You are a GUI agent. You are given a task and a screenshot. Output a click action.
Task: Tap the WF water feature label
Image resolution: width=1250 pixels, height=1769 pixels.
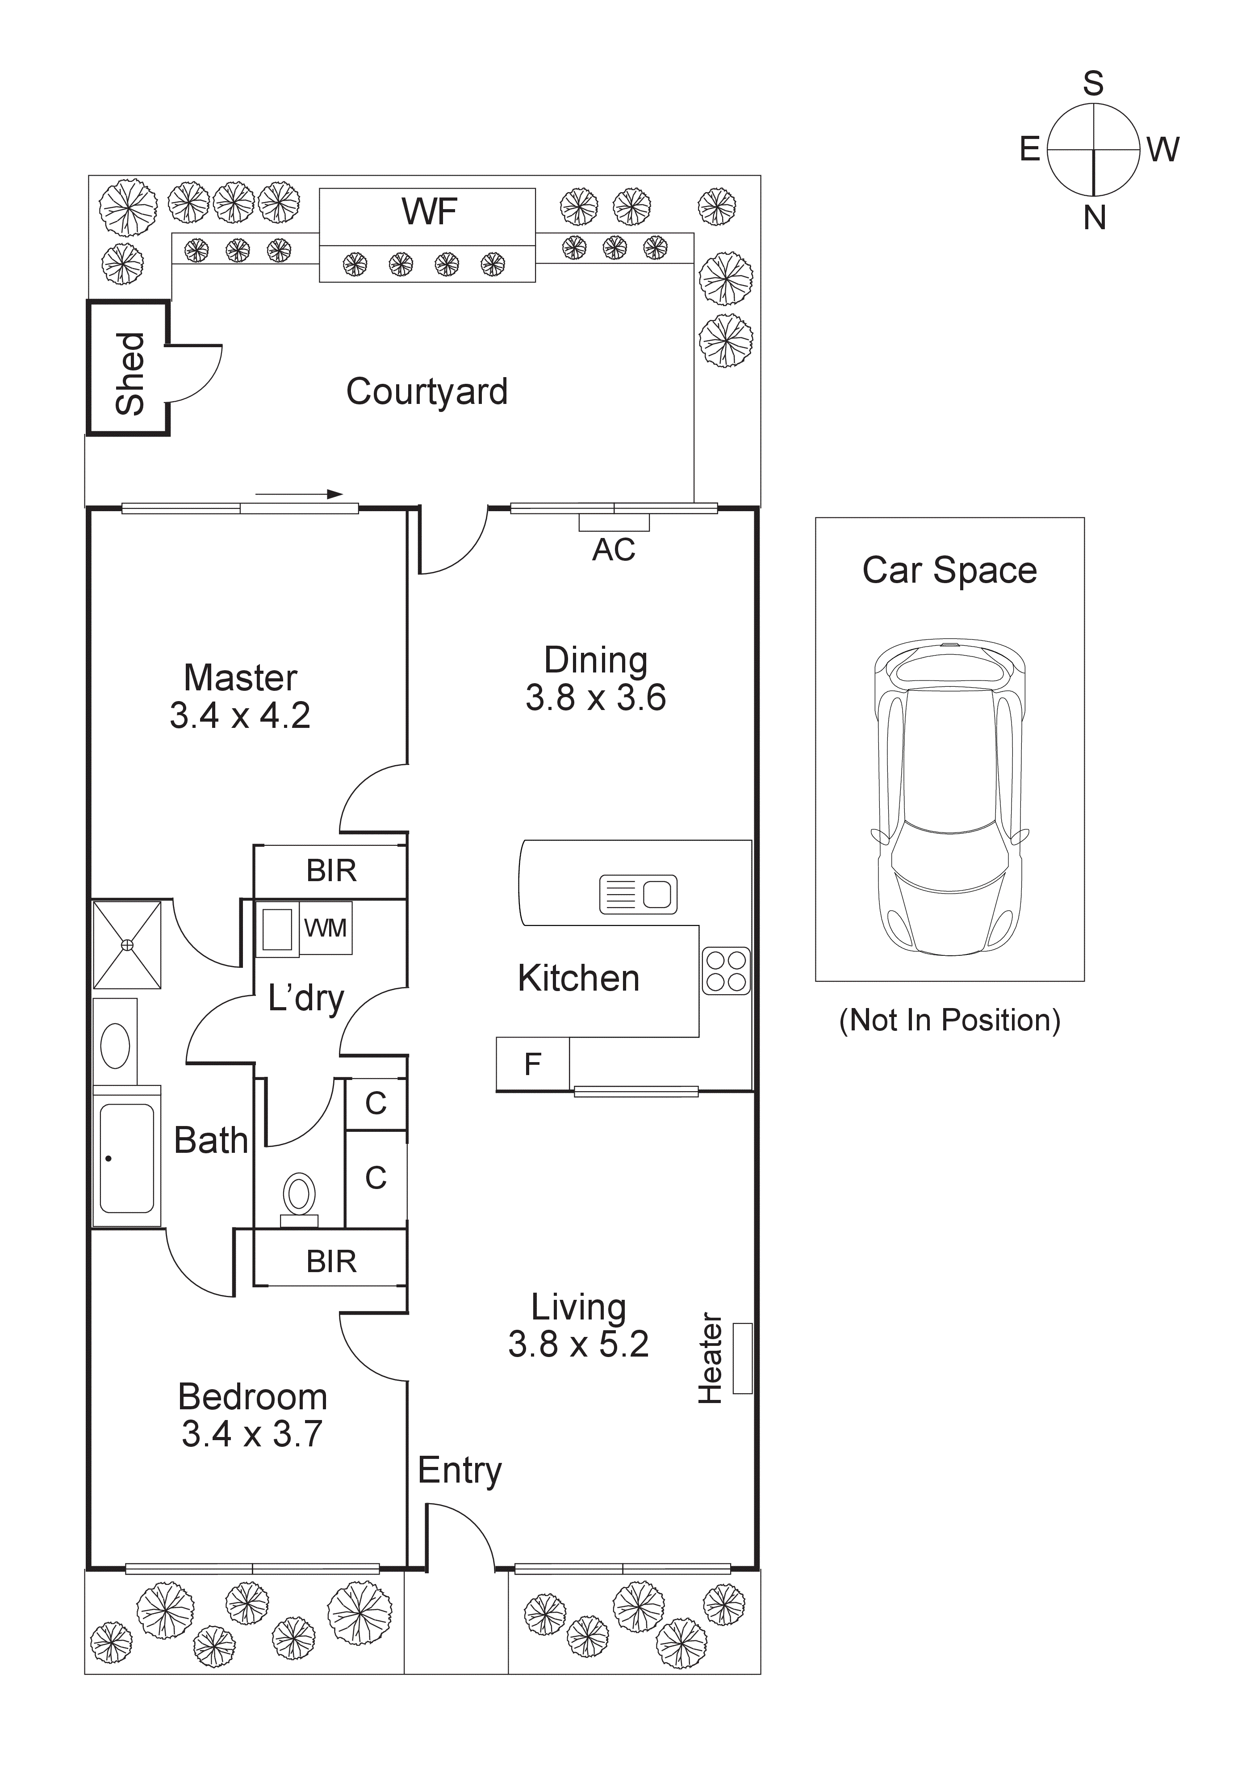point(429,212)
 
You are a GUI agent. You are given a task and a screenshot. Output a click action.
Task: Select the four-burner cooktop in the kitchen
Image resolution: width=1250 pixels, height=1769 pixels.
point(726,971)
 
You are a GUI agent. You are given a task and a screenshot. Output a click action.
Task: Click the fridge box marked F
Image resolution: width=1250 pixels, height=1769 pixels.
point(532,1064)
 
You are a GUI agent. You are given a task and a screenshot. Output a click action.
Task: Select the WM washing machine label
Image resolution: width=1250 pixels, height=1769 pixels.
point(325,929)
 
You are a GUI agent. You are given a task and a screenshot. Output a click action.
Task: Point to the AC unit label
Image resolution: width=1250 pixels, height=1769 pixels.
point(614,550)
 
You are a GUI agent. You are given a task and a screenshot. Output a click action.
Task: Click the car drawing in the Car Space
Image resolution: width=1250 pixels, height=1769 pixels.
point(949,798)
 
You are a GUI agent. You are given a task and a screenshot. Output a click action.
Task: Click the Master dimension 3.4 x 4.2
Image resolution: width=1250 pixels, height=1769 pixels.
point(239,716)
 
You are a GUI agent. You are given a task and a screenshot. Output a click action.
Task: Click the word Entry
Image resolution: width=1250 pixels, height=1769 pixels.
point(459,1471)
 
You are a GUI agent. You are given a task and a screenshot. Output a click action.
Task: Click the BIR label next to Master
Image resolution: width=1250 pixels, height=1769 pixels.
point(331,870)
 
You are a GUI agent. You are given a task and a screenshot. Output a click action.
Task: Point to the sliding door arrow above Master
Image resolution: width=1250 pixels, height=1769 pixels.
point(299,494)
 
